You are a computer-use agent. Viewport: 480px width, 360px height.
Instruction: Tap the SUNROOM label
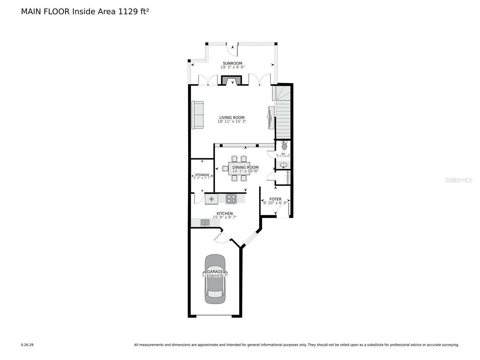click(x=233, y=63)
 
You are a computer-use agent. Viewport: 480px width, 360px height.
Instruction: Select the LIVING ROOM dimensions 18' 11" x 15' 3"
click(x=232, y=122)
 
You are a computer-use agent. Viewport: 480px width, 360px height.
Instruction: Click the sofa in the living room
click(x=197, y=115)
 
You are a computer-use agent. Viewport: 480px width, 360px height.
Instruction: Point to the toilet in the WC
click(x=284, y=146)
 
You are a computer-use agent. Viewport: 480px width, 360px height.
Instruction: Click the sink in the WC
click(x=284, y=165)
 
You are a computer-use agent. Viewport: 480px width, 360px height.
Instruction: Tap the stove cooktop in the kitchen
click(x=231, y=198)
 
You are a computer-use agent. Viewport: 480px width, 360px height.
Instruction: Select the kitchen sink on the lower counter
click(x=205, y=222)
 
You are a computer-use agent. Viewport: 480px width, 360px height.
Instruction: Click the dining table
click(x=239, y=169)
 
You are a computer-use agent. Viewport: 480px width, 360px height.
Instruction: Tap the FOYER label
click(x=275, y=199)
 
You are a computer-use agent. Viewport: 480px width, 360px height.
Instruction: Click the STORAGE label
click(x=202, y=175)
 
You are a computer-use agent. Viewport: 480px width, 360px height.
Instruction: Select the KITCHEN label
click(x=225, y=214)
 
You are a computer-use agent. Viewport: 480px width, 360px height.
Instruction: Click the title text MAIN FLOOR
click(x=45, y=12)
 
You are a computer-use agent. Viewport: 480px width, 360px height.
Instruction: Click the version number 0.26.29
click(x=27, y=345)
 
